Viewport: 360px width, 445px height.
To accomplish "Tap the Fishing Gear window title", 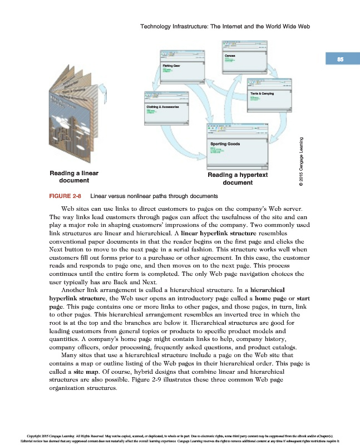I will pyautogui.click(x=171, y=66).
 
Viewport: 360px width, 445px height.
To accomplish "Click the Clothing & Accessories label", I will pyautogui.click(x=162, y=106).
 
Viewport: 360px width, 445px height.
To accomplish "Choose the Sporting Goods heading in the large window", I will pyautogui.click(x=225, y=144).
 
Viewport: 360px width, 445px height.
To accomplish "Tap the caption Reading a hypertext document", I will pyautogui.click(x=238, y=179).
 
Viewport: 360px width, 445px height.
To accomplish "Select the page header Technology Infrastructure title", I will pyautogui.click(x=224, y=26).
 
